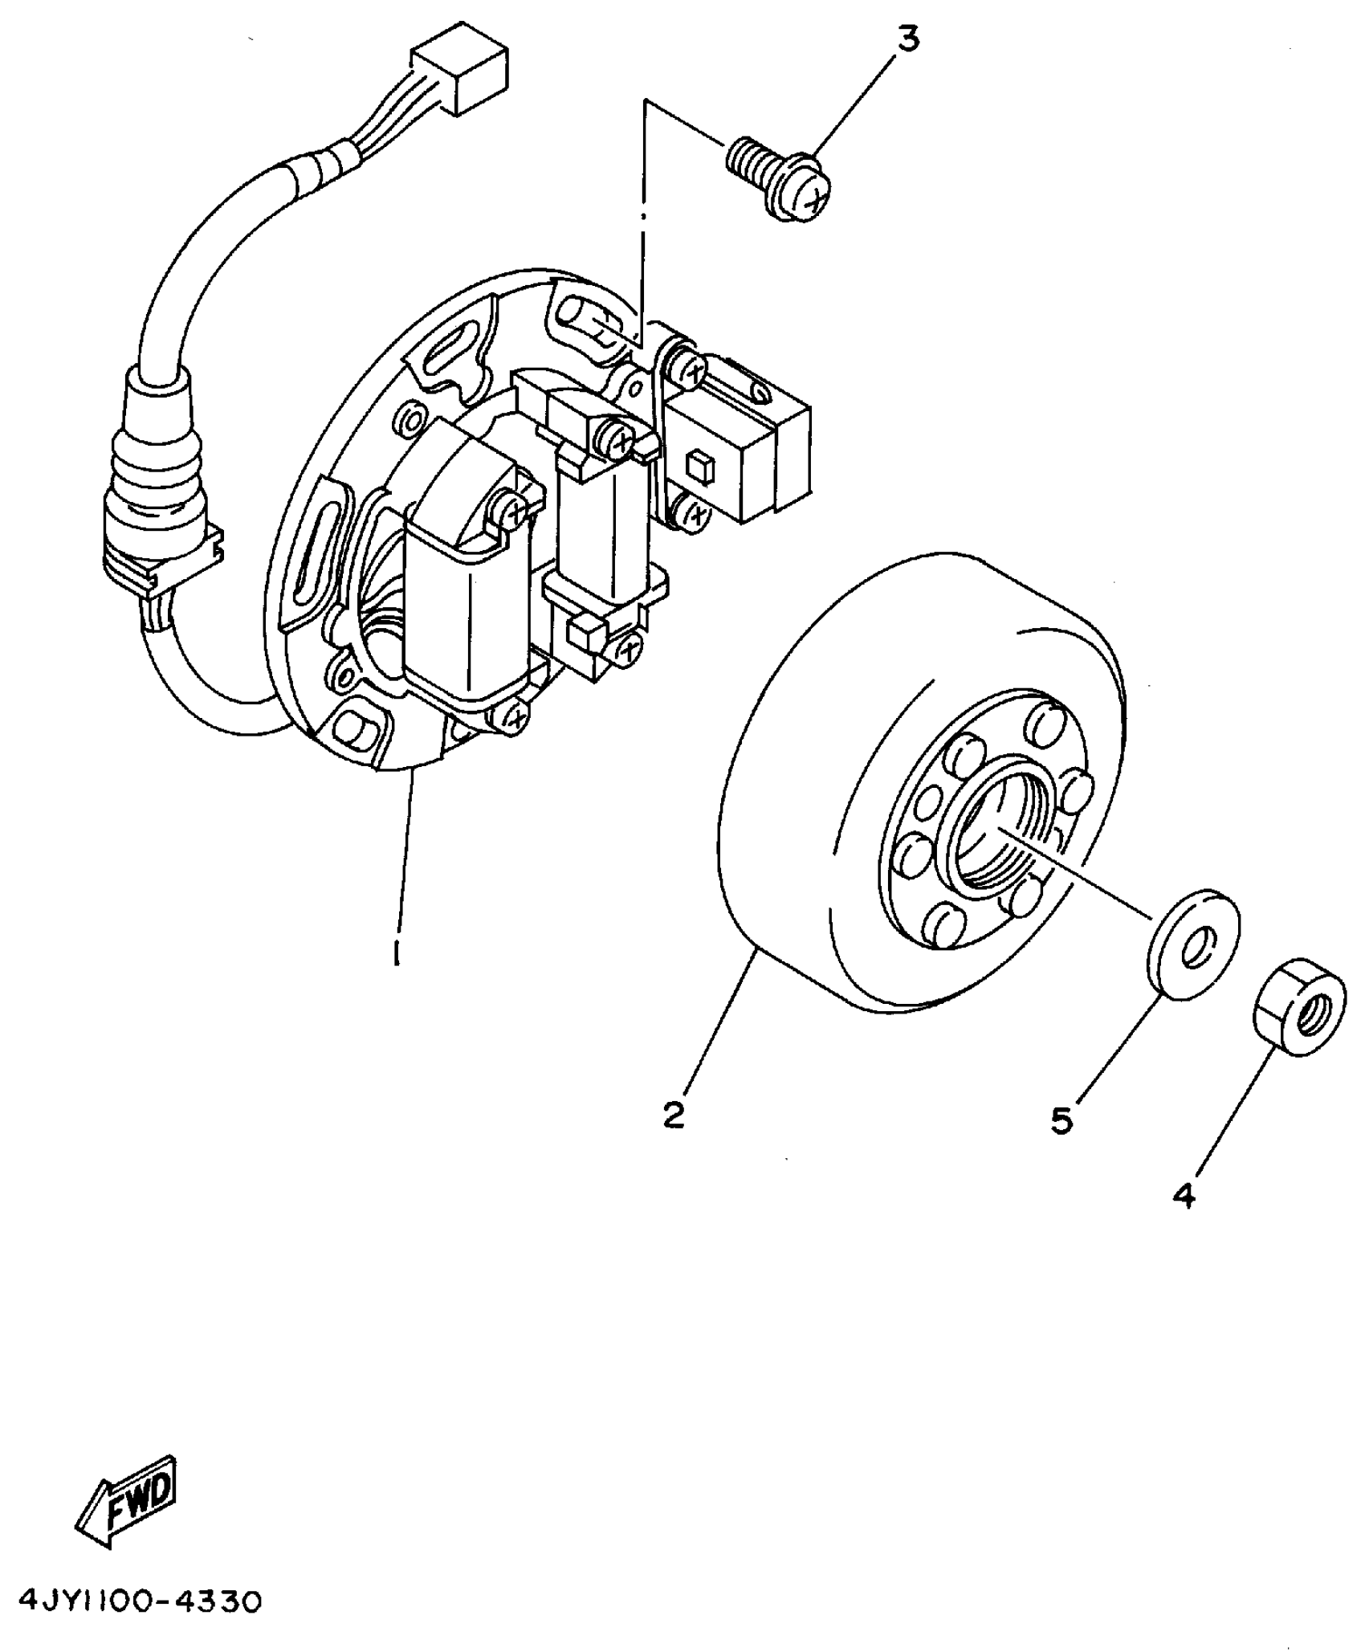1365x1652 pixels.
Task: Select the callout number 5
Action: click(x=1061, y=1120)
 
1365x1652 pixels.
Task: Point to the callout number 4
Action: click(x=1184, y=1218)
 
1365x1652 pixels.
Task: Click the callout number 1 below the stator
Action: click(x=396, y=953)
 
